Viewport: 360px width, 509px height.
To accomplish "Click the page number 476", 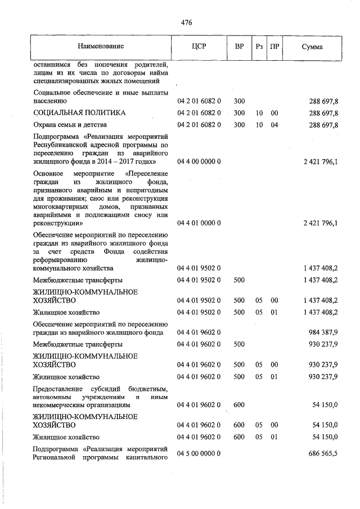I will [187, 22].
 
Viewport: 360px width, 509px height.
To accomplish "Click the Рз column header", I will [259, 46].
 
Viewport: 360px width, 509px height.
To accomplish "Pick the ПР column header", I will [274, 46].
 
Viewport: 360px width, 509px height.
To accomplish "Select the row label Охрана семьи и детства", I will [70, 125].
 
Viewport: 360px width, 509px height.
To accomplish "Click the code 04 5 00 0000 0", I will [199, 453].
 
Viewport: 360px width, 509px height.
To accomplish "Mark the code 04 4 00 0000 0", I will [199, 161].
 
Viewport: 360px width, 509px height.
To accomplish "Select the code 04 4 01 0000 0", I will [199, 223].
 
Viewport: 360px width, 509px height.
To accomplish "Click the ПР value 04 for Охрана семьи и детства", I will [274, 125].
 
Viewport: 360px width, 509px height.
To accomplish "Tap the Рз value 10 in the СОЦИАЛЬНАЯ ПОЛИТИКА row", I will [259, 113].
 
